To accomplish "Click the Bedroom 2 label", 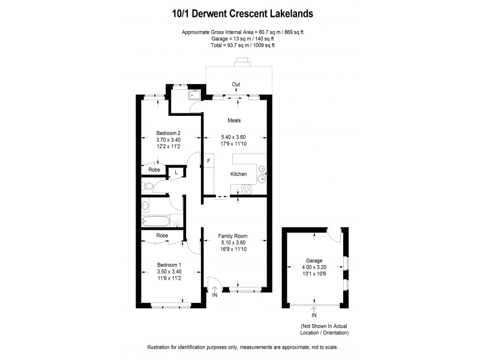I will (x=169, y=133).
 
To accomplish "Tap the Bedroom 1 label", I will (x=169, y=265).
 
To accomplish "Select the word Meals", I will (x=234, y=121).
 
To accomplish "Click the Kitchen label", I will (x=239, y=174).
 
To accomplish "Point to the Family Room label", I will (x=233, y=236).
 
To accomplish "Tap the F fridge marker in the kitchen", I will (x=209, y=161).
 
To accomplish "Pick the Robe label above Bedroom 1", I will (x=162, y=236).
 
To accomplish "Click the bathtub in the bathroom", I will (x=155, y=220).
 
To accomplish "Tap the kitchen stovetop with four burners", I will (x=245, y=191).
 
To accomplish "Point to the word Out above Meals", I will (x=236, y=85).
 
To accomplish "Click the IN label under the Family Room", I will (x=215, y=295).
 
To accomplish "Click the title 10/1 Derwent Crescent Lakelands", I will (x=239, y=12).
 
